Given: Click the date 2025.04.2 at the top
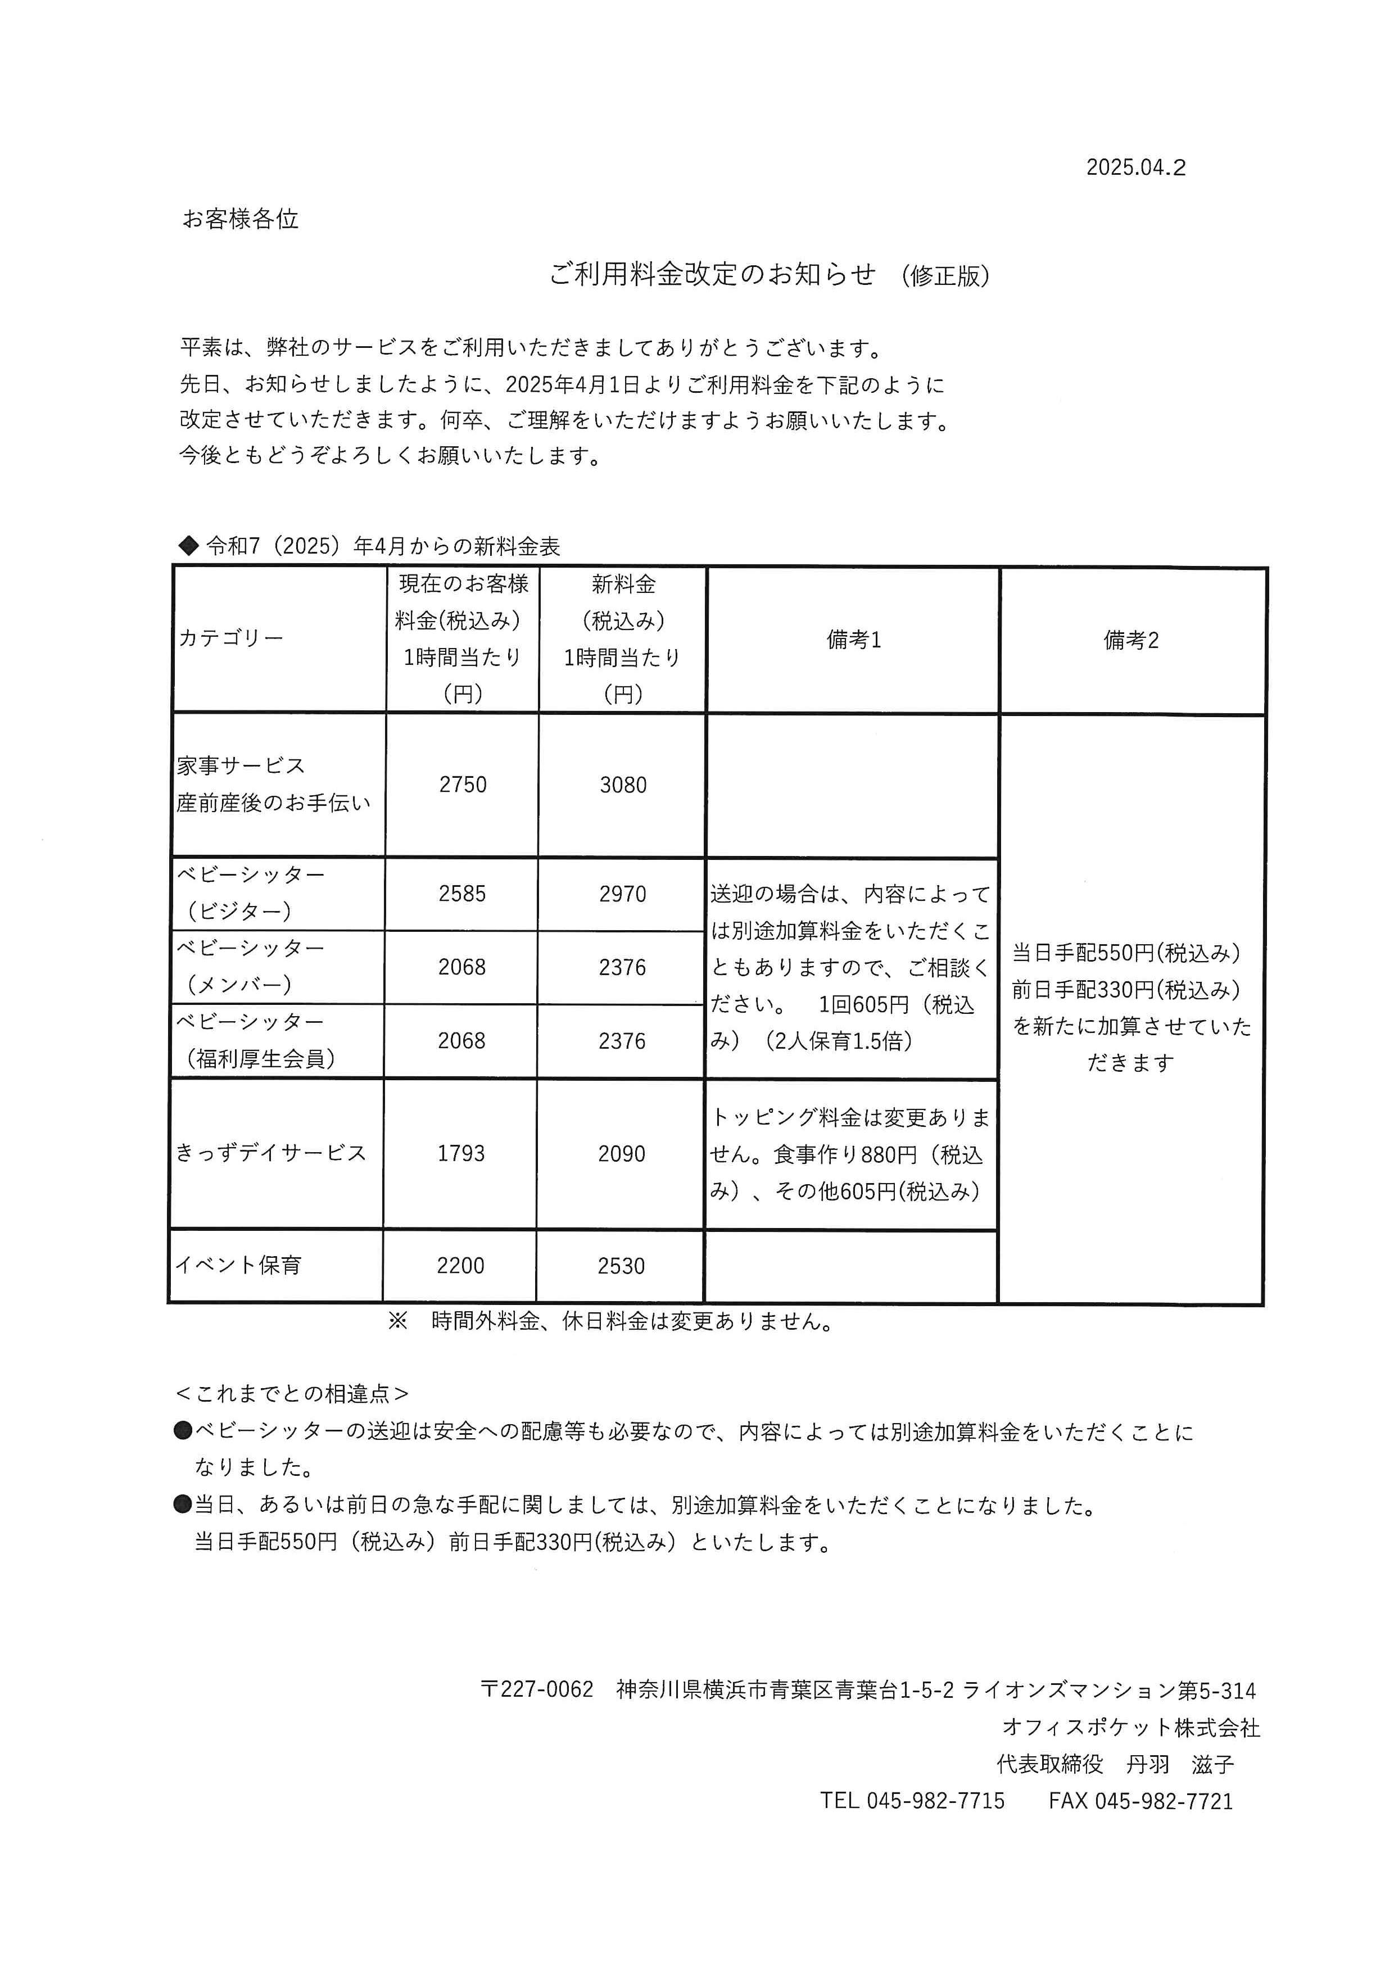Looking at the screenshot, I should (x=1135, y=168).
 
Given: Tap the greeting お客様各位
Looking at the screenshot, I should (x=241, y=220).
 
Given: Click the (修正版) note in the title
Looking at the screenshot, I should (x=945, y=275).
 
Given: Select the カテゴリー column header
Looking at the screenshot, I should (x=230, y=638).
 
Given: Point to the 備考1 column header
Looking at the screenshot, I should (x=853, y=640).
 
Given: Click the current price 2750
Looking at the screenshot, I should (x=463, y=785).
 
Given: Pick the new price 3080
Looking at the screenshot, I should (x=623, y=785).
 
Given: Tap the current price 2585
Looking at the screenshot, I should (x=462, y=894).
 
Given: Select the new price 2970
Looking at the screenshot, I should (x=622, y=894).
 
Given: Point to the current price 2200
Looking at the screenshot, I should (x=460, y=1265).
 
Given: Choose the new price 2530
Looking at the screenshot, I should (x=621, y=1265).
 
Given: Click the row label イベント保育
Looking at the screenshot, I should (x=239, y=1265).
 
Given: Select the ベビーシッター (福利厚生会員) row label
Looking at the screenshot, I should (x=255, y=1040).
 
